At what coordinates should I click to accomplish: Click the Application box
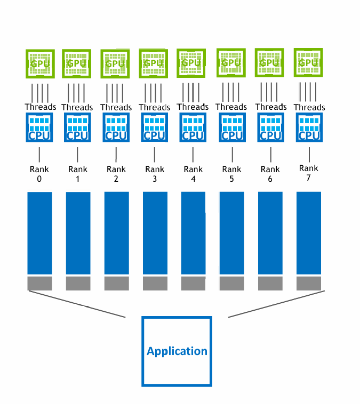(177, 351)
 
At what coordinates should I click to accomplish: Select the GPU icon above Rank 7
(308, 63)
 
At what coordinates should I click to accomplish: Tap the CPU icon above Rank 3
(155, 127)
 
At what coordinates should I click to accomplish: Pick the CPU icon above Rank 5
(232, 127)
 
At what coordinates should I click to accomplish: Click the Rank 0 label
(39, 174)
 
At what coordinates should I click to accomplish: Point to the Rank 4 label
(193, 174)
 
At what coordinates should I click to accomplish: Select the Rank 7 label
(308, 173)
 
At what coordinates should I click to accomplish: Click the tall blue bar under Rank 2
(116, 233)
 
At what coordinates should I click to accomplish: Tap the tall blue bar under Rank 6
(270, 233)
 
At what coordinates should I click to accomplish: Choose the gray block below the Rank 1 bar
(78, 283)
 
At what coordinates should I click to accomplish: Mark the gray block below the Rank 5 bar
(231, 283)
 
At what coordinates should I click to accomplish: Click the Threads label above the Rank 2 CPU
(116, 107)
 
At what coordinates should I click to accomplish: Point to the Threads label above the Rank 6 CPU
(270, 107)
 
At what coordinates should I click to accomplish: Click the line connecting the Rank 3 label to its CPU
(155, 155)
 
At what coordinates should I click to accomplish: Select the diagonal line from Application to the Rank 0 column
(77, 304)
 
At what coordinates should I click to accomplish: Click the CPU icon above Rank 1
(77, 127)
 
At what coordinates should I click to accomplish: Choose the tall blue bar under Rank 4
(193, 233)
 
